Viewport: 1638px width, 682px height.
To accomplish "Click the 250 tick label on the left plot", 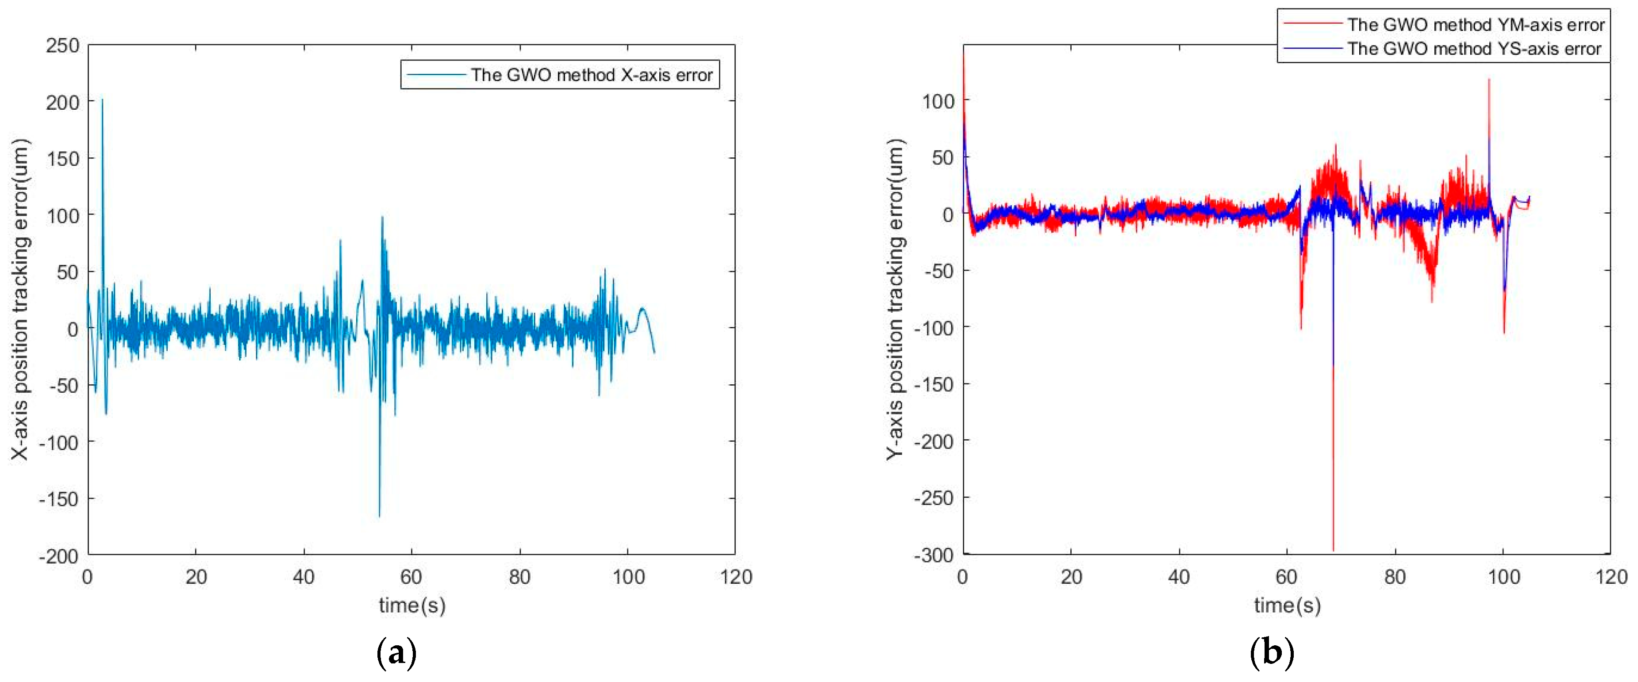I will click(62, 46).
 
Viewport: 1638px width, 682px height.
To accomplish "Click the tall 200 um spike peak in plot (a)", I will click(102, 100).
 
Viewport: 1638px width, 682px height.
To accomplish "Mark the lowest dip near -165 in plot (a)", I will click(380, 515).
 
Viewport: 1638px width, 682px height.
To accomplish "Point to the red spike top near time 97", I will click(1488, 80).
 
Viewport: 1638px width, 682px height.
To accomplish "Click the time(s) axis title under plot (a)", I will click(412, 605).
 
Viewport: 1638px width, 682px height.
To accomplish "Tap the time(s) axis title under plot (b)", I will click(1287, 605).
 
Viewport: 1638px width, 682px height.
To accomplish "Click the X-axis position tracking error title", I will click(20, 299).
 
